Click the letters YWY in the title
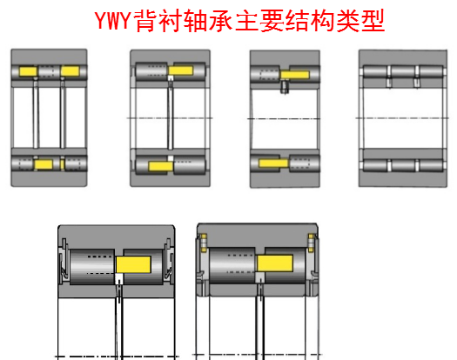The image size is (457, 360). click(x=113, y=21)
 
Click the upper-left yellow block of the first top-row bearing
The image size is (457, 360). click(x=27, y=70)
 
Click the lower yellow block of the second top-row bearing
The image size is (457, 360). click(x=163, y=165)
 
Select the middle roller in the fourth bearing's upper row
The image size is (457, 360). click(x=401, y=72)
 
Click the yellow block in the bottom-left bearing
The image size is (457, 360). click(x=133, y=263)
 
